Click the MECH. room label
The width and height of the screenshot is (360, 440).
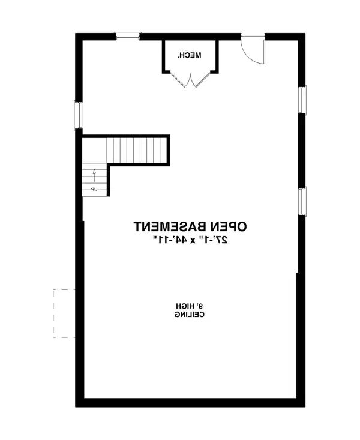point(190,56)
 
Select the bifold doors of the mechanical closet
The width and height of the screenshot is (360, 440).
point(190,79)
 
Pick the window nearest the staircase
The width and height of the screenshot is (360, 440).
point(77,115)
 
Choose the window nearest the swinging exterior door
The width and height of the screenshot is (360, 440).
point(302,100)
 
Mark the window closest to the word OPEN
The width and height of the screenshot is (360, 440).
point(302,200)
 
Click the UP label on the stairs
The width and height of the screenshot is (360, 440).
point(94,190)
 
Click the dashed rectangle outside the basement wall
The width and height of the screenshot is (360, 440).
point(63,313)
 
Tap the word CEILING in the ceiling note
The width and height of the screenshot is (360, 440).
point(190,314)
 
